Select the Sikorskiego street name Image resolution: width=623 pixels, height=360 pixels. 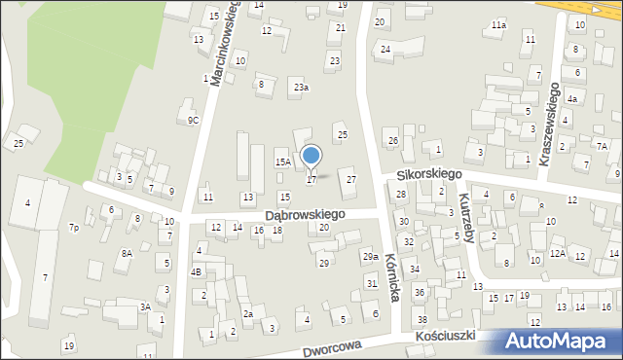tap(427, 174)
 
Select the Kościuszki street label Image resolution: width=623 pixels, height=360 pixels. tap(444, 336)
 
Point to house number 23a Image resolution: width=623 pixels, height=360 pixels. tap(302, 88)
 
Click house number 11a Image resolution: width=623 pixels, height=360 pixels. tap(498, 25)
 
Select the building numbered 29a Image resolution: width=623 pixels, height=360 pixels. tap(370, 256)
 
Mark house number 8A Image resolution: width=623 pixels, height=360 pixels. tap(127, 253)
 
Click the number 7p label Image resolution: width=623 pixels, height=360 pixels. tap(74, 228)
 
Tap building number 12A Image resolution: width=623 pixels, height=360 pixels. tap(557, 253)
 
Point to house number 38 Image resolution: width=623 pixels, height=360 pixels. tap(421, 320)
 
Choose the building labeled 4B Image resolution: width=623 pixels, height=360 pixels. tap(196, 272)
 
